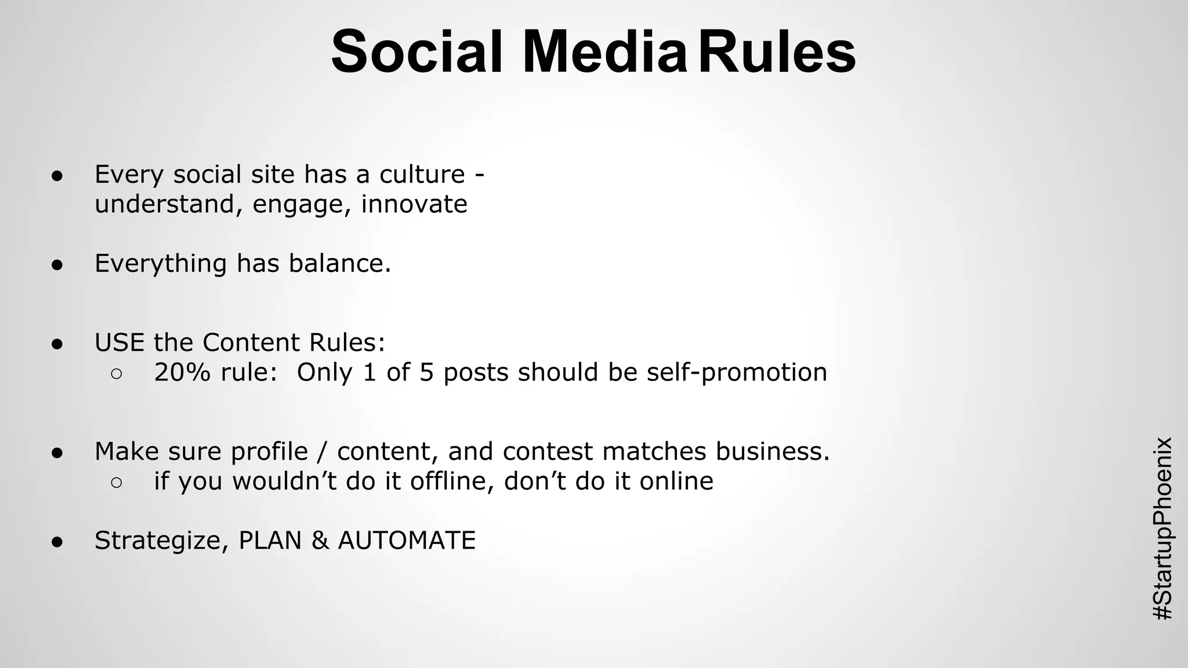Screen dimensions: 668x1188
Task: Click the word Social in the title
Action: click(416, 52)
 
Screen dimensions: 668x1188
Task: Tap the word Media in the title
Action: click(605, 52)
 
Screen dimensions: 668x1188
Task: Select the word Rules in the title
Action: click(777, 52)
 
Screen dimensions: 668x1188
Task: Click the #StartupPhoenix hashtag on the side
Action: click(1162, 528)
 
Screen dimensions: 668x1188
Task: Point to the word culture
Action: click(422, 175)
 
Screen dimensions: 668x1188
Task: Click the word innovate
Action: click(414, 204)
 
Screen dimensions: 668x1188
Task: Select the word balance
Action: click(339, 264)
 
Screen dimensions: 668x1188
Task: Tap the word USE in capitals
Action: click(119, 343)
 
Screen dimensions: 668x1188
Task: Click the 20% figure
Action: click(182, 372)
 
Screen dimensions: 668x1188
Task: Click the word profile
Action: click(269, 452)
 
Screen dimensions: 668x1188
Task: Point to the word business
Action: click(772, 452)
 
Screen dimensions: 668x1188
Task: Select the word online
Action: click(676, 481)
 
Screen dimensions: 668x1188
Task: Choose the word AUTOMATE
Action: click(407, 541)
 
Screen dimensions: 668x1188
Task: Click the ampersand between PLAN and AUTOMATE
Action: click(320, 541)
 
